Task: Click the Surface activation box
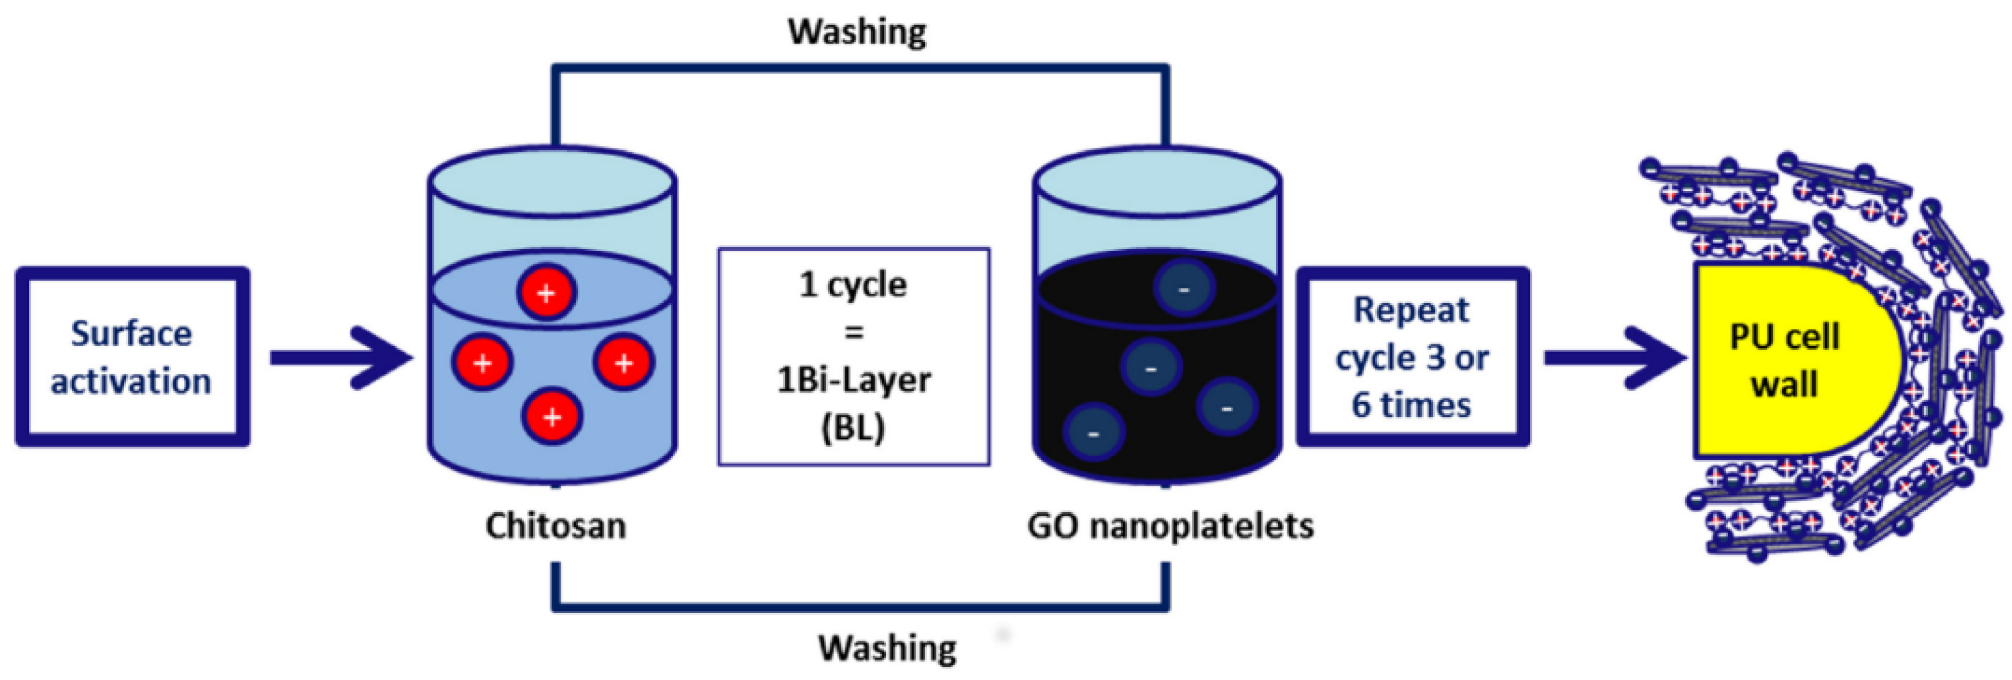132,357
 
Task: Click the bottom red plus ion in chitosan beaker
552,417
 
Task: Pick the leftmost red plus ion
483,363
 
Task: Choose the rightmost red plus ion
623,363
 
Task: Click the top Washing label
857,32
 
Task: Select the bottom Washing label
886,648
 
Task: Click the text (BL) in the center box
853,427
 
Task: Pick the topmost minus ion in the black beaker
1184,288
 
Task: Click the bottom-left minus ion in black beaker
1094,433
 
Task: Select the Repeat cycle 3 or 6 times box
1412,357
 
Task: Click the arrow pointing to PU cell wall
1613,358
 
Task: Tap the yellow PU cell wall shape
1789,360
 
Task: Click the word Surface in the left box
131,334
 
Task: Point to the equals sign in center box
854,332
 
